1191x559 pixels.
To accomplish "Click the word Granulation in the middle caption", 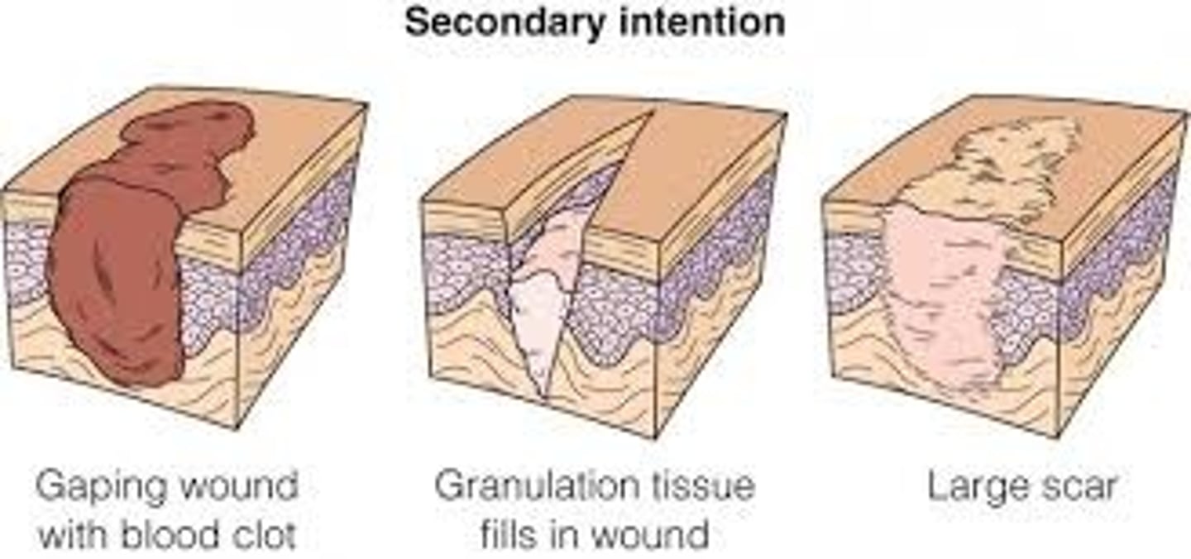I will (x=529, y=486).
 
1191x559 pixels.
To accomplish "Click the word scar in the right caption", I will (x=1080, y=488).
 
